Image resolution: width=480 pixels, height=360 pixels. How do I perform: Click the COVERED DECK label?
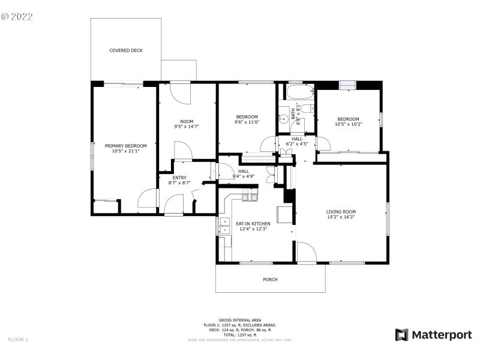tap(125, 50)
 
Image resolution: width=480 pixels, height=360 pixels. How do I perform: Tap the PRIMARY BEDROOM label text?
tap(125, 146)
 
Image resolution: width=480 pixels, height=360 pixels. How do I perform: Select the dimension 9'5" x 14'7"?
tap(187, 127)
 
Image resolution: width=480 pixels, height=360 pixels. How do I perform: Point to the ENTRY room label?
tap(179, 177)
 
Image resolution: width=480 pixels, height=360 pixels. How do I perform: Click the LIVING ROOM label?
tap(341, 211)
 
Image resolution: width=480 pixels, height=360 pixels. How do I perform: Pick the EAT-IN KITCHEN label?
tap(253, 223)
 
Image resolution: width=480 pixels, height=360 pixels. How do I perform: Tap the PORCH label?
tap(270, 279)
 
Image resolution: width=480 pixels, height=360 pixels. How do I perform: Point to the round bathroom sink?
tap(283, 118)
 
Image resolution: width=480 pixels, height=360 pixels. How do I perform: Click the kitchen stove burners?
tap(250, 197)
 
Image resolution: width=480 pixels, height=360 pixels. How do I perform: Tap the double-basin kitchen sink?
tap(224, 226)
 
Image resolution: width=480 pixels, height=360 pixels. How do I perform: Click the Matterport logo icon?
tap(401, 335)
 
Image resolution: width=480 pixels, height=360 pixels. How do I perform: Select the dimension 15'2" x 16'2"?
tap(341, 217)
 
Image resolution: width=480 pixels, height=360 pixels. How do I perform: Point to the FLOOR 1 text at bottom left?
tap(18, 340)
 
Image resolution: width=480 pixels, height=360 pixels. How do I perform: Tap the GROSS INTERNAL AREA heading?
tap(240, 320)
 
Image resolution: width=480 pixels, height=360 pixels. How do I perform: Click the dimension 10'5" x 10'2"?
tap(348, 124)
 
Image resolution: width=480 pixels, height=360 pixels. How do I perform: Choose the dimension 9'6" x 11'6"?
tap(247, 122)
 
